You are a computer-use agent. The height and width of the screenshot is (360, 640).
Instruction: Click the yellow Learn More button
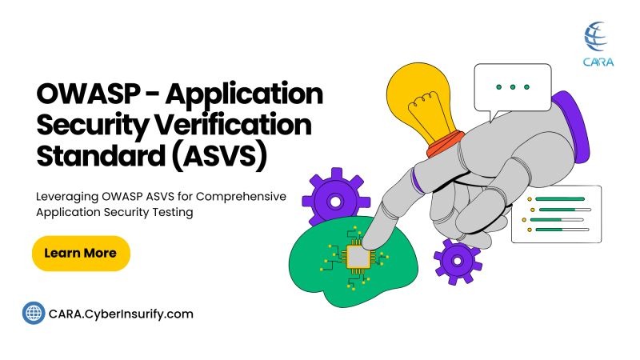coord(81,253)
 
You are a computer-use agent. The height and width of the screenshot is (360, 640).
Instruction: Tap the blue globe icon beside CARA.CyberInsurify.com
coord(34,314)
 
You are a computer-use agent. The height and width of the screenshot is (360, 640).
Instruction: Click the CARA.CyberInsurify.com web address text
coord(121,314)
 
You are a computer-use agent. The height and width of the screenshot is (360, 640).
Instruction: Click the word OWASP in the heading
coord(88,94)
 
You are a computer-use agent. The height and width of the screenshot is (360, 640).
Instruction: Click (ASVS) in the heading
coord(219,155)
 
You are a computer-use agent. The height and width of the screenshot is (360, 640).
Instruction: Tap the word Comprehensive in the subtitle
coord(241,197)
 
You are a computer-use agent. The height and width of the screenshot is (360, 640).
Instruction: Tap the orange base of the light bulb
coord(445,144)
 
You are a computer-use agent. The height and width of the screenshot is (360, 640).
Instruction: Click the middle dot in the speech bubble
coord(513,87)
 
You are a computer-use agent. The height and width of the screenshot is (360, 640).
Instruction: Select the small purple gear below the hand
coord(458,262)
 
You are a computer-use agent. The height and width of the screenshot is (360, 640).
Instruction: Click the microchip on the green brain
coord(358,257)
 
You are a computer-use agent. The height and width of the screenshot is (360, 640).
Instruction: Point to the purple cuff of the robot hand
coord(571,125)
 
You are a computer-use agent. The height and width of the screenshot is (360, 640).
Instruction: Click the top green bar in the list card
coord(559,199)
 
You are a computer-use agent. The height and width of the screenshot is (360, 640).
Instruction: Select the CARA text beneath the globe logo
coord(598,62)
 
